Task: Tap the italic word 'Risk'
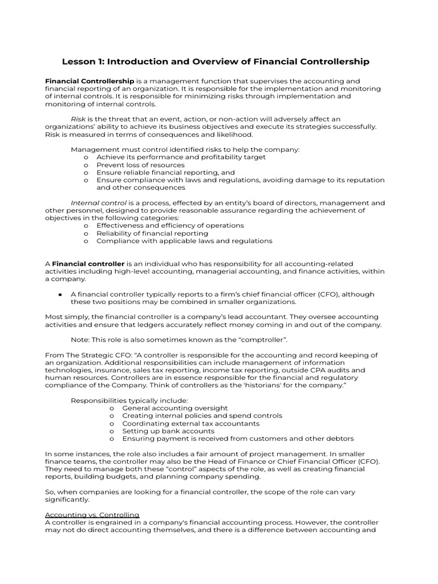point(78,119)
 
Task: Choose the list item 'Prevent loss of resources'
point(140,165)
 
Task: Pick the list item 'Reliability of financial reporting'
point(152,233)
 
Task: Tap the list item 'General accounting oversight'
point(175,408)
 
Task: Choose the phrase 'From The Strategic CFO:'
point(88,355)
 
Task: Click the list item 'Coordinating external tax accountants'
point(190,424)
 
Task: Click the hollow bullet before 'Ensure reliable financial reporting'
point(86,172)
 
